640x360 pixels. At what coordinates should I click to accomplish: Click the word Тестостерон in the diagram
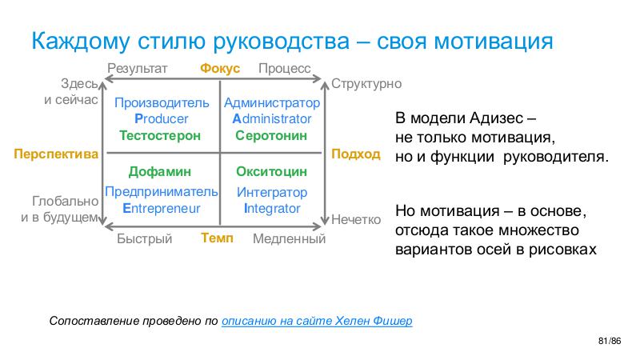coord(160,135)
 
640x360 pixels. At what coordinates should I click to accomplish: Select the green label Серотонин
coord(271,135)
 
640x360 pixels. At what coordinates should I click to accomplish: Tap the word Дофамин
coord(159,172)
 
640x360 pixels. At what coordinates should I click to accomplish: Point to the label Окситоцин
coord(271,171)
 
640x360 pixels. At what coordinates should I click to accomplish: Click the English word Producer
coord(162,118)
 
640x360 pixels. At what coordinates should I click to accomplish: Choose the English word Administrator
coord(272,118)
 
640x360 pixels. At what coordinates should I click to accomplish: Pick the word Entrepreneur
coord(162,208)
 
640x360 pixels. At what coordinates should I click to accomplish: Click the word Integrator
coord(272,208)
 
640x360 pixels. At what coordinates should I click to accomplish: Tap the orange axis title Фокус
coord(220,68)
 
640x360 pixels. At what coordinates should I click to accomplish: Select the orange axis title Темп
coord(217,238)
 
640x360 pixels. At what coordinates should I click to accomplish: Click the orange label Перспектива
coord(56,154)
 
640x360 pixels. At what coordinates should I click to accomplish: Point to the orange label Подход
coord(356,154)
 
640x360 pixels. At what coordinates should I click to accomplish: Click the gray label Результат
coord(138,68)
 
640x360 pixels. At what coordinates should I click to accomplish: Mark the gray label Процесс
coord(285,68)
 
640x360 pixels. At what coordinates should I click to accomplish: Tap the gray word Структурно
coord(366,84)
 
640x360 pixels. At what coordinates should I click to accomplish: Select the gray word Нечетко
coord(356,219)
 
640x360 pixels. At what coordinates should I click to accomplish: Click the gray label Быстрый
coord(145,238)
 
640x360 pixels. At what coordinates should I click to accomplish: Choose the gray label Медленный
coord(289,238)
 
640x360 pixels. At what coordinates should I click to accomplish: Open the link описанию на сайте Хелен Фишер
coord(317,321)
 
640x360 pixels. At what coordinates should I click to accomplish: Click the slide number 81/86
coord(610,342)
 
